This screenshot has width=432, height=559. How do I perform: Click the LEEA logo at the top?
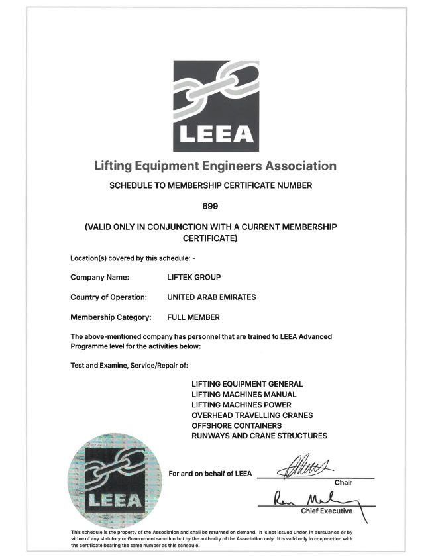[x=215, y=105]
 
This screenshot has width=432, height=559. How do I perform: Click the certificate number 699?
[x=215, y=205]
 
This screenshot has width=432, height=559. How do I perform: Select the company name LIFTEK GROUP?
[x=195, y=278]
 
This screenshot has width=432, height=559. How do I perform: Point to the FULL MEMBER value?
[x=193, y=317]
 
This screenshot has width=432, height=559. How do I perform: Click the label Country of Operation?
[x=109, y=297]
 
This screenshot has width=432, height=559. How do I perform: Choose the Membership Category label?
[x=111, y=317]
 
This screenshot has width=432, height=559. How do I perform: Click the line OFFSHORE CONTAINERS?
[x=237, y=425]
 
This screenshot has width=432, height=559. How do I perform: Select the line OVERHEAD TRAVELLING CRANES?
[x=252, y=415]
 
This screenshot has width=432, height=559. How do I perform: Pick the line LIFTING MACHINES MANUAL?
[x=244, y=394]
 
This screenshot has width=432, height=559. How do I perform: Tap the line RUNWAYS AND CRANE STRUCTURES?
[x=259, y=436]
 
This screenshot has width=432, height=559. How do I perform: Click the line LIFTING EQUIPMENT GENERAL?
[x=247, y=384]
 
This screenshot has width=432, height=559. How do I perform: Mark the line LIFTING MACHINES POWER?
[x=241, y=405]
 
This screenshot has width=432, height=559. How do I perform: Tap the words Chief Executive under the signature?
[x=327, y=511]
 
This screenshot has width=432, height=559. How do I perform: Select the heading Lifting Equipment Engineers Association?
[x=215, y=166]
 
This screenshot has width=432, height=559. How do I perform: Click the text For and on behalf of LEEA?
[x=210, y=474]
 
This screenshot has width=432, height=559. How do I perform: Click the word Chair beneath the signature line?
[x=343, y=483]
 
